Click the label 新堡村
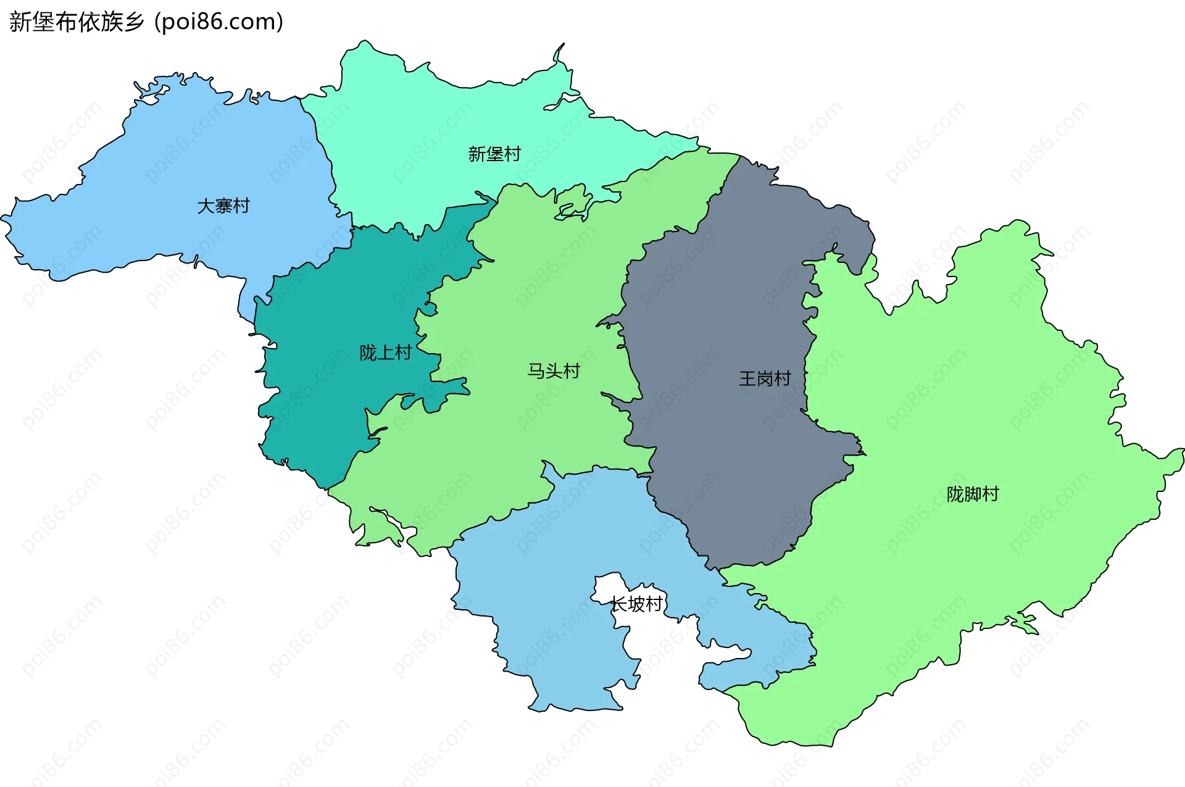[494, 154]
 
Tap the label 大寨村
[223, 206]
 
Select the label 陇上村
[386, 352]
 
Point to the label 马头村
[554, 370]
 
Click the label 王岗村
[765, 378]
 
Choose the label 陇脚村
[973, 494]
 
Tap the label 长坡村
[636, 604]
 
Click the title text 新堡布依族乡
[77, 22]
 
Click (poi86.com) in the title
[218, 22]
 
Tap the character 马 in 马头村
[536, 370]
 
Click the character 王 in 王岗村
[747, 378]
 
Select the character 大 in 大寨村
[206, 206]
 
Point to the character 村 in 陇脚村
[991, 494]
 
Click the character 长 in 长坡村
[618, 604]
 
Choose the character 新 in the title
[20, 22]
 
